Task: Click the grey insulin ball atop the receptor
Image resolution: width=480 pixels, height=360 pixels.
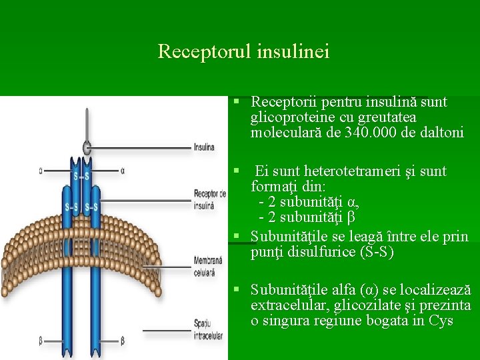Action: point(87,147)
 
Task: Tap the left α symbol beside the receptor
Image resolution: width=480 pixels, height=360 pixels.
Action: point(41,171)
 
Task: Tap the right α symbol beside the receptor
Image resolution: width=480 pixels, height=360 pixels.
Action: point(123,171)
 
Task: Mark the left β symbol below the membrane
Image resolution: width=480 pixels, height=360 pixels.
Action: point(41,341)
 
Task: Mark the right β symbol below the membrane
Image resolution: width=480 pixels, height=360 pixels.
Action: point(122,341)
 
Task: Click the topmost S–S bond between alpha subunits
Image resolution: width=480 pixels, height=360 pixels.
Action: point(81,177)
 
